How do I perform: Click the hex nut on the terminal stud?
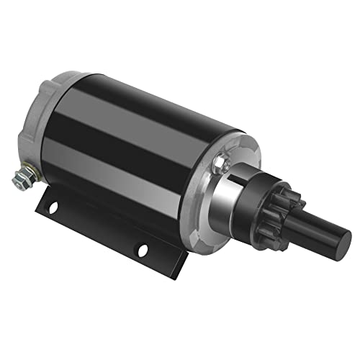pos(22,176)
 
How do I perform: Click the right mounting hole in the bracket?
pos(143,250)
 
